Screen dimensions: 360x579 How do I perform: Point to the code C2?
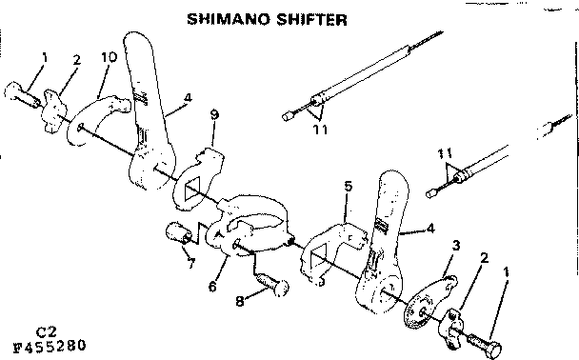click(x=45, y=330)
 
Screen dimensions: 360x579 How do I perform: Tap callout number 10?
click(x=109, y=56)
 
